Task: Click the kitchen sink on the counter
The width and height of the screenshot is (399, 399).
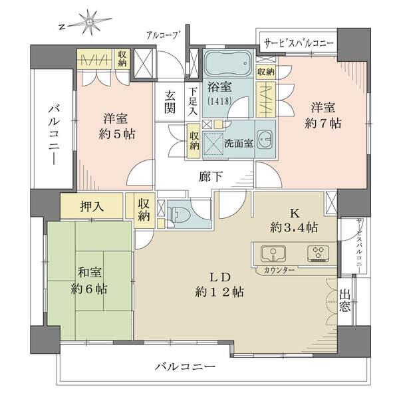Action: (272, 254)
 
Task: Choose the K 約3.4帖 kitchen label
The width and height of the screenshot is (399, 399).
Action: (291, 220)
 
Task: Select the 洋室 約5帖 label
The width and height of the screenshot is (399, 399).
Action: (114, 126)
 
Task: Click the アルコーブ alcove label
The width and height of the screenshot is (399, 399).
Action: (162, 35)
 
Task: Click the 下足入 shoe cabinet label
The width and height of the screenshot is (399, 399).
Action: (192, 103)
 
